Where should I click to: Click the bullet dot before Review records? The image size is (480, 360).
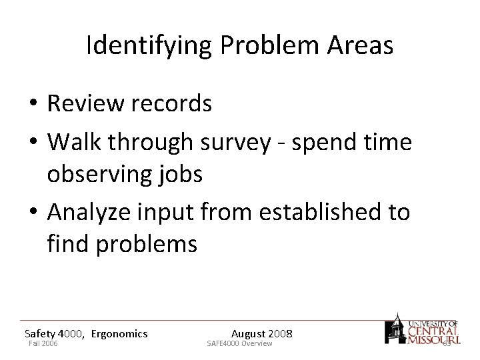tap(33, 104)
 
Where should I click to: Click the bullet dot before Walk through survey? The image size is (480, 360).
tap(33, 143)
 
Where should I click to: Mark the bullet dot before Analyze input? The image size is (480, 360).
tap(33, 213)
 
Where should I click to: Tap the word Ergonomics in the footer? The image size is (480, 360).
tap(119, 333)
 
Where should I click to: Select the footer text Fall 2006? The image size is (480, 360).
tap(43, 343)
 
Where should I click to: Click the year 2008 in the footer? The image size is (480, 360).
tap(280, 333)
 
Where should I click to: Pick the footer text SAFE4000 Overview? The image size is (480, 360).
tap(239, 343)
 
